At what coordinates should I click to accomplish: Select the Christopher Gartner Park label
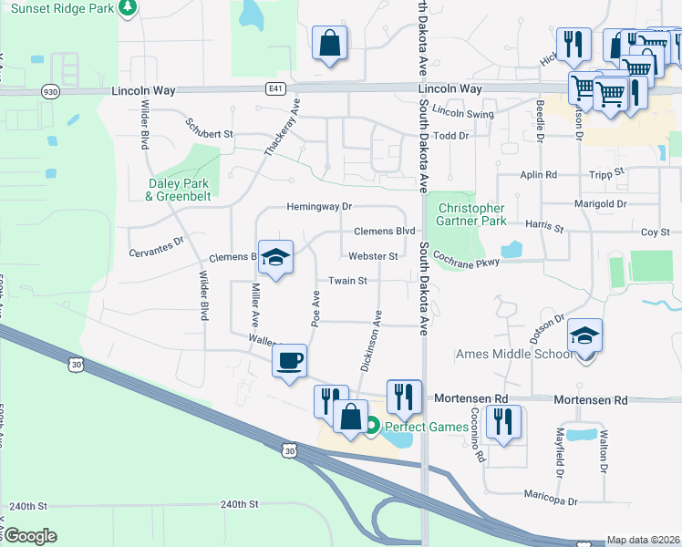click(470, 214)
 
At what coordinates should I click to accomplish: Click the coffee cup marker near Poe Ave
click(290, 362)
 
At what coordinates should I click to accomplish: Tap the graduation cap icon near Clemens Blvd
click(274, 256)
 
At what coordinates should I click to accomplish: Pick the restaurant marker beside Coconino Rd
click(502, 421)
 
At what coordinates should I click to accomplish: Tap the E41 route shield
click(275, 88)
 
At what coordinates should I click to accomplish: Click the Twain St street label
click(347, 281)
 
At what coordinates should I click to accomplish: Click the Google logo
click(30, 536)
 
